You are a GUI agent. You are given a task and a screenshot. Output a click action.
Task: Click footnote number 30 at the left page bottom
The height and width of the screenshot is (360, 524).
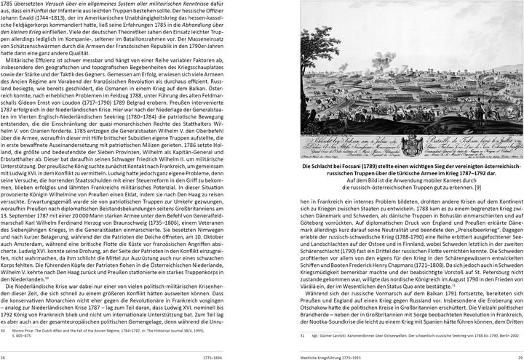(x=4, y=329)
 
